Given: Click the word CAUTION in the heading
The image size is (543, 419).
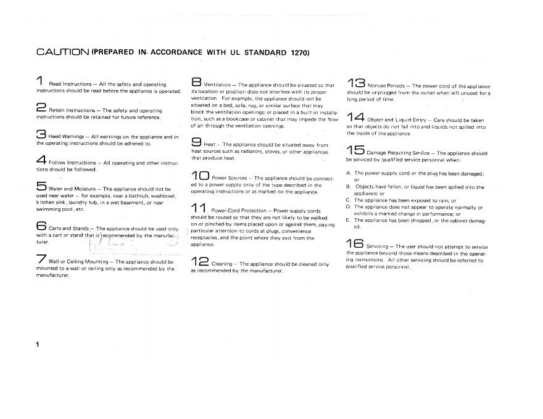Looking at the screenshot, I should [x=62, y=52].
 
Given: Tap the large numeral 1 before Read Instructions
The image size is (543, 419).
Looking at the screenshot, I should [x=39, y=81].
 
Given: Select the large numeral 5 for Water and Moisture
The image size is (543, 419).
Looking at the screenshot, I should [x=41, y=185].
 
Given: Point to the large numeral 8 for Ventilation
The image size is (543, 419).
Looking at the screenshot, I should [x=196, y=82].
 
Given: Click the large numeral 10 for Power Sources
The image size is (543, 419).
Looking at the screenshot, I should [x=200, y=175].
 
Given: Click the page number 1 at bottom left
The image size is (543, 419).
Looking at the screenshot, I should [x=38, y=344].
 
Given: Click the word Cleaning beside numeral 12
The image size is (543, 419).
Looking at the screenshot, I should [x=222, y=264].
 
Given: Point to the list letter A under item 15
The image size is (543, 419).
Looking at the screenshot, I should [x=349, y=173].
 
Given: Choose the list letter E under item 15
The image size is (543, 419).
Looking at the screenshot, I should [x=349, y=220].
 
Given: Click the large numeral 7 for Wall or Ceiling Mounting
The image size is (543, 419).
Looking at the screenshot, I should [x=41, y=259].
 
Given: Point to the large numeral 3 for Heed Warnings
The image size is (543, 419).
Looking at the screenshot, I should [x=41, y=134].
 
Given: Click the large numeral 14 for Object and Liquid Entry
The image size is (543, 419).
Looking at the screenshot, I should [x=356, y=116].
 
